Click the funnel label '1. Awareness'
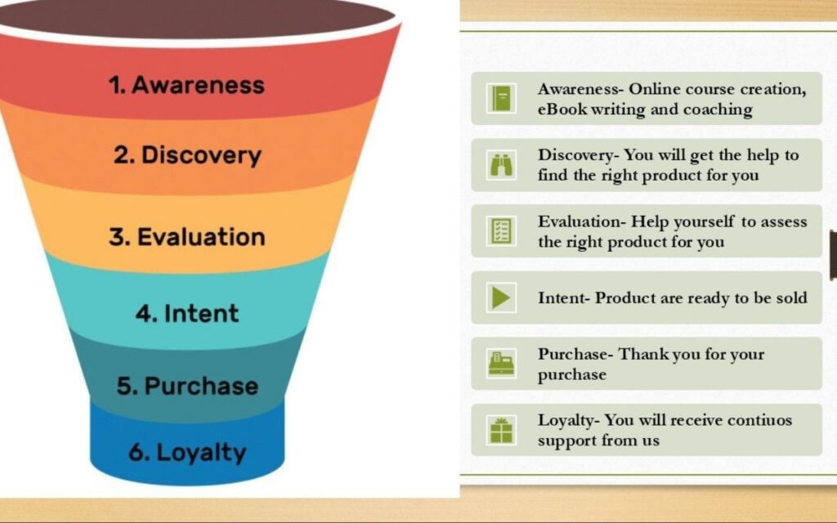(x=186, y=85)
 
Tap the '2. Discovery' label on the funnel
(x=187, y=155)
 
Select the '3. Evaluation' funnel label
(x=187, y=237)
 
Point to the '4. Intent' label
(x=187, y=313)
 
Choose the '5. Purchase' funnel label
(x=187, y=386)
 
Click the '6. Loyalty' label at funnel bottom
(x=187, y=453)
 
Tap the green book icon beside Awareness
(x=501, y=99)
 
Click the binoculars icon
(x=501, y=165)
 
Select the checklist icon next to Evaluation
(x=501, y=231)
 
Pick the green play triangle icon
(x=501, y=297)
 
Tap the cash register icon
(x=501, y=364)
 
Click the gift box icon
(x=501, y=430)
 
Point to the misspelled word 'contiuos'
(x=759, y=420)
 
